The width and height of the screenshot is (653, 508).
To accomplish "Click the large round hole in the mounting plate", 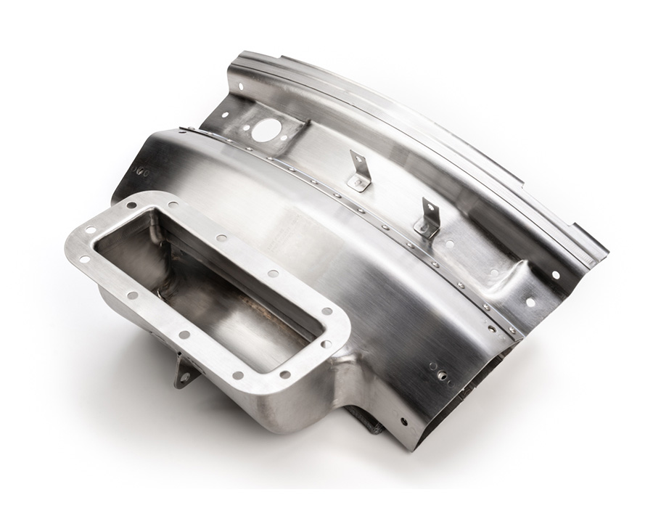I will pyautogui.click(x=266, y=130).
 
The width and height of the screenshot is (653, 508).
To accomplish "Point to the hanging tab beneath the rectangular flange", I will pyautogui.click(x=184, y=371).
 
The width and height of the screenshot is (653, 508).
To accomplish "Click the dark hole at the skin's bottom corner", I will pyautogui.click(x=404, y=422).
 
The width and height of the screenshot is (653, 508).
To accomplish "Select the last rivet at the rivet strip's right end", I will pyautogui.click(x=512, y=330).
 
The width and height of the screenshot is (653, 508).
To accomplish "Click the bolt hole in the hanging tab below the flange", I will pyautogui.click(x=184, y=377).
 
